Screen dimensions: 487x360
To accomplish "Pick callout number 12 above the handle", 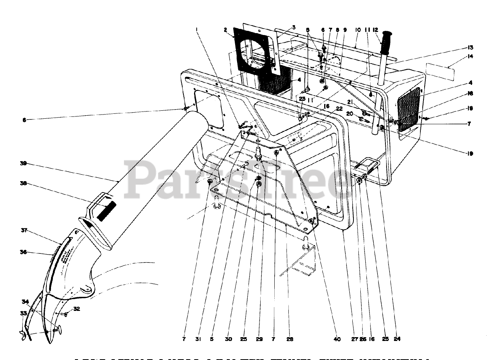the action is (375, 30).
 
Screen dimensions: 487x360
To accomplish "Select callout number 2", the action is (226, 30).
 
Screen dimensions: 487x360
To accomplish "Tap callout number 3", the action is (294, 27).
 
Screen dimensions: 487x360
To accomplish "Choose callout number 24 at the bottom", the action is (397, 339).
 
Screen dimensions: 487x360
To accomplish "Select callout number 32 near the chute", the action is (77, 309).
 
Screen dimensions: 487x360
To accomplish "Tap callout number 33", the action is (23, 314).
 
